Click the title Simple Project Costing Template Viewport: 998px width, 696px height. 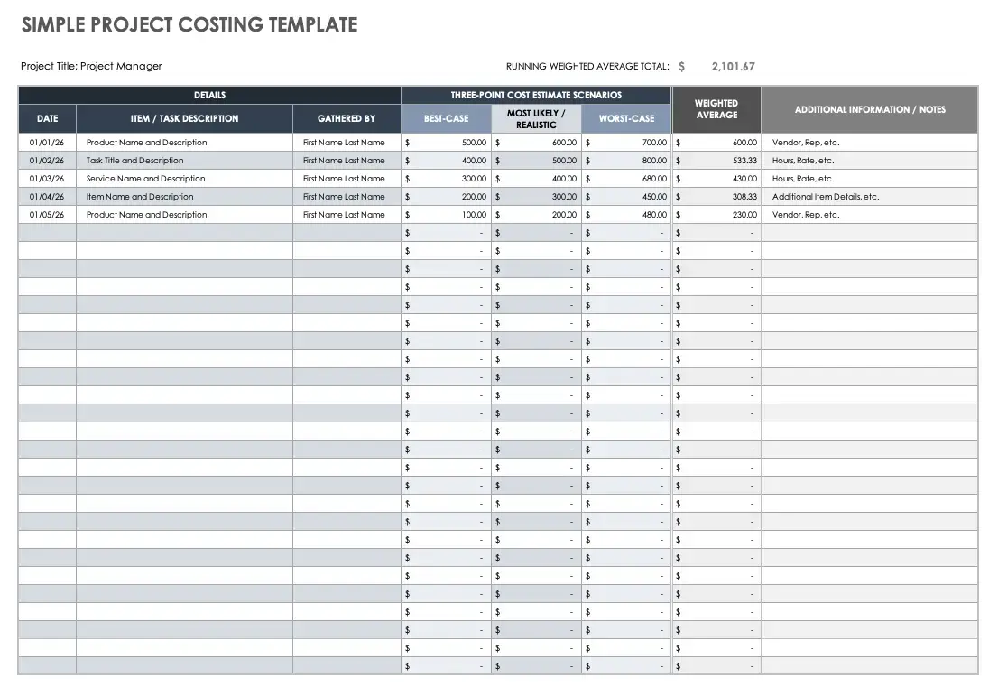click(189, 25)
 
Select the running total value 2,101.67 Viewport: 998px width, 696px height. click(734, 66)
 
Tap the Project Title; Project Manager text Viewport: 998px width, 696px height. click(91, 66)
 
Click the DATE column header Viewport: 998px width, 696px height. click(47, 118)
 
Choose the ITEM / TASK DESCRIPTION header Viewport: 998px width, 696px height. click(185, 118)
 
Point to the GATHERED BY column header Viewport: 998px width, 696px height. click(347, 118)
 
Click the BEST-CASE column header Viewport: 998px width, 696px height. click(446, 118)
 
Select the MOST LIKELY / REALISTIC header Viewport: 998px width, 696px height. click(536, 119)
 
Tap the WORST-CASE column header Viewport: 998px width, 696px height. click(626, 118)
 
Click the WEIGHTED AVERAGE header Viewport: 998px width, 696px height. click(716, 109)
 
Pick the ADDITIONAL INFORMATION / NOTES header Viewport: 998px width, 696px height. click(870, 109)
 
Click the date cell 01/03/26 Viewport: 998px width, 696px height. click(46, 179)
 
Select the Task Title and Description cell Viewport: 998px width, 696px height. click(135, 161)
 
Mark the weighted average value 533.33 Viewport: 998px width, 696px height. click(744, 161)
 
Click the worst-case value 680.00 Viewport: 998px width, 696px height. click(654, 179)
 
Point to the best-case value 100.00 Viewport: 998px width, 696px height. click(474, 215)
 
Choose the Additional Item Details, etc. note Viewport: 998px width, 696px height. click(826, 197)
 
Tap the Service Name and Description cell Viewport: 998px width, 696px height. click(146, 179)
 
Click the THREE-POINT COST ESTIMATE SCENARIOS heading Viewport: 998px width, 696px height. click(536, 95)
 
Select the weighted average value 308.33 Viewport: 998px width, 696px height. click(744, 197)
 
